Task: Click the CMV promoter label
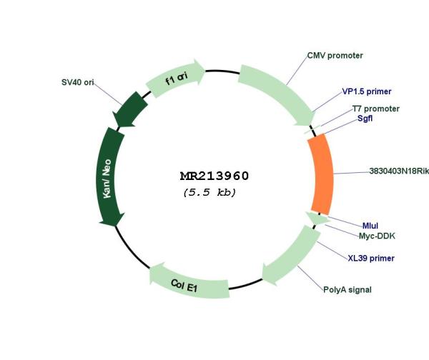tap(335, 55)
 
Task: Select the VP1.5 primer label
tap(366, 91)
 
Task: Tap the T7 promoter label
tap(375, 109)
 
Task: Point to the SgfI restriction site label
tap(370, 119)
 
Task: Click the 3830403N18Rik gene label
tap(398, 171)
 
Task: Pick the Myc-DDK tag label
tap(377, 236)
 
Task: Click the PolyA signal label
tap(347, 289)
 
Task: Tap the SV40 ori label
tap(78, 82)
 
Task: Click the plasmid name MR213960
tap(214, 176)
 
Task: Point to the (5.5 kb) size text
tap(209, 192)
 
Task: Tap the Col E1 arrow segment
tap(189, 282)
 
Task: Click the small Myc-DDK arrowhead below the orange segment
tap(317, 219)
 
